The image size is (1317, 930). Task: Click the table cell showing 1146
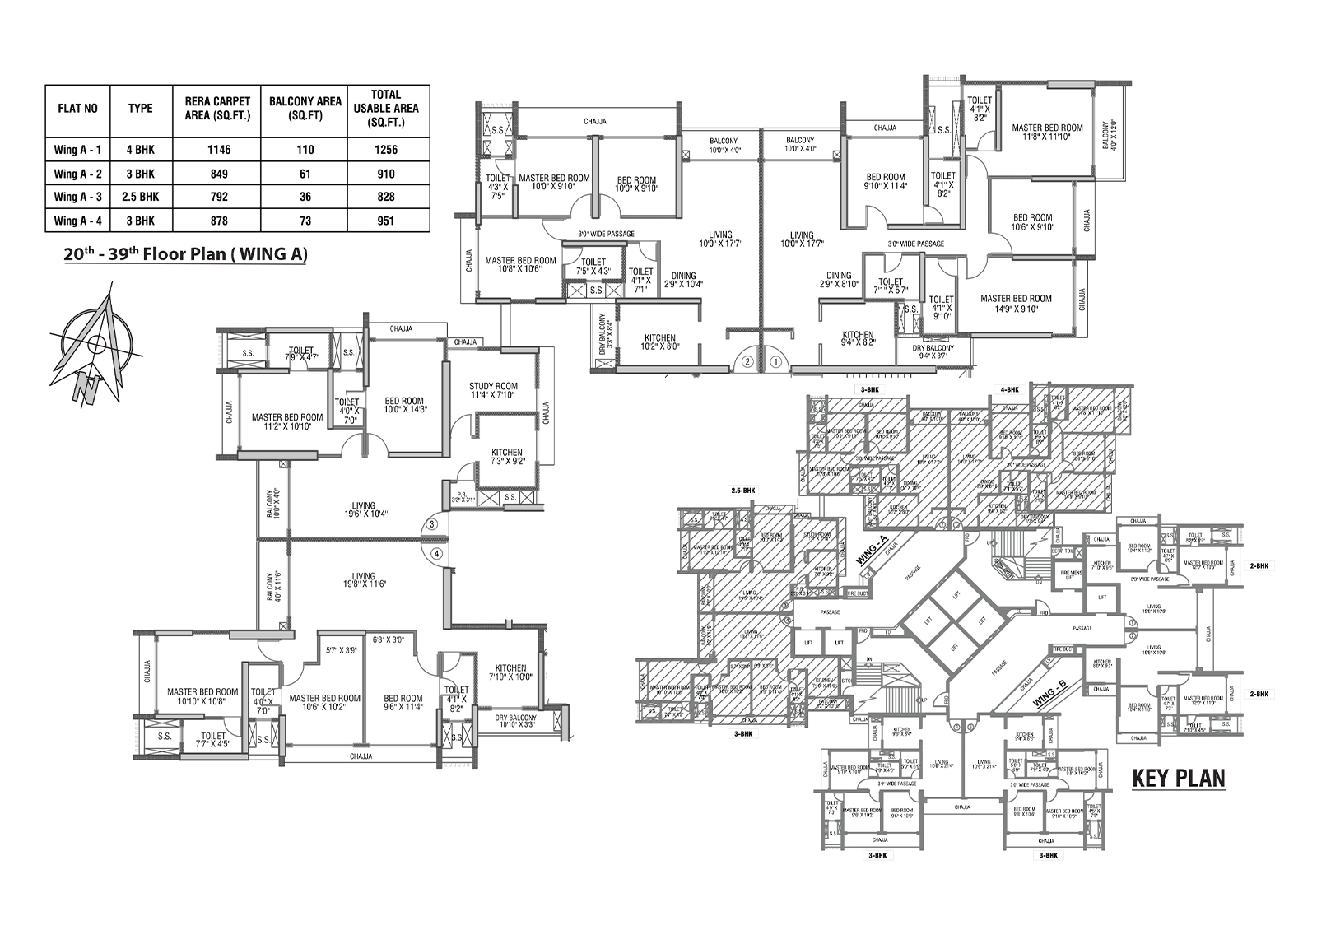219,150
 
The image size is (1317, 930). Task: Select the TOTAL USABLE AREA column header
386,109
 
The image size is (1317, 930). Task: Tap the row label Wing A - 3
77,197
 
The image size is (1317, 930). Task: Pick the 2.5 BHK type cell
141,197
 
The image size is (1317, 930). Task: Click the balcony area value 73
305,221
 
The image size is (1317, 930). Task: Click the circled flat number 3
431,523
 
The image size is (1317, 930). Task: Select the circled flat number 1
775,360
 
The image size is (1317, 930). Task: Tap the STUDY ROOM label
493,391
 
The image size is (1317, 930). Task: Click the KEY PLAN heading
1178,778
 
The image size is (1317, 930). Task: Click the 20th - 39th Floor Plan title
185,254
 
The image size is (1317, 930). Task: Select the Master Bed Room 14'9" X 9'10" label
1016,304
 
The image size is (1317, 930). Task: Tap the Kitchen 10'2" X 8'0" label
659,342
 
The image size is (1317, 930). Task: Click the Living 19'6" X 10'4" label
363,510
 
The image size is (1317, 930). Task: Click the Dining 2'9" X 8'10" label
839,280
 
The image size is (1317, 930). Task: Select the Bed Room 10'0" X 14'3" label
403,405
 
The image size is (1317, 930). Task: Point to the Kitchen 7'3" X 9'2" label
506,458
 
